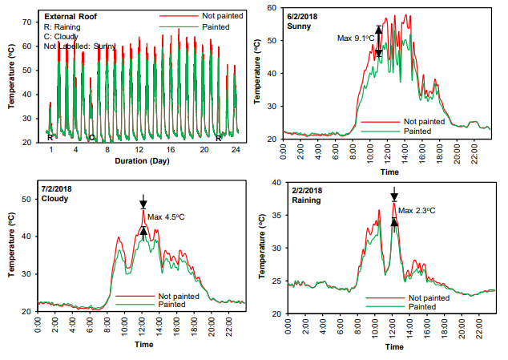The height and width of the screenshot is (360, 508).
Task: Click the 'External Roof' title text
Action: (x=70, y=16)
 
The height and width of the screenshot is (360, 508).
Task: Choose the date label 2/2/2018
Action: (x=307, y=190)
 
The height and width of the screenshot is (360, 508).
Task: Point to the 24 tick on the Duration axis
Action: (x=236, y=149)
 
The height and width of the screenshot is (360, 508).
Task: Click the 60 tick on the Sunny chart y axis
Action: (x=272, y=7)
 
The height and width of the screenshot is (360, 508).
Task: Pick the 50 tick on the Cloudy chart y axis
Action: (x=26, y=199)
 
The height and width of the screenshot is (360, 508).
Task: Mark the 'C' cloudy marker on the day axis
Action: (x=92, y=138)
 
